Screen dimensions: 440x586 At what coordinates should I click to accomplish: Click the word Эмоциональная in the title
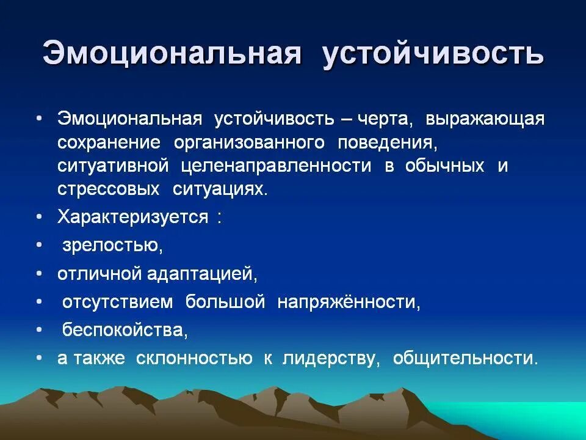pyautogui.click(x=172, y=54)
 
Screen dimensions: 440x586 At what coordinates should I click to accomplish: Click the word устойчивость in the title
pyautogui.click(x=432, y=54)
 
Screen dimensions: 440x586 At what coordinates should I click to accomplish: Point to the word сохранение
pyautogui.click(x=109, y=142)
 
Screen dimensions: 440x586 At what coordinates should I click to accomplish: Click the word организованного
pyautogui.click(x=249, y=142)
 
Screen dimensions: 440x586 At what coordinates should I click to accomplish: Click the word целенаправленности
pyautogui.click(x=276, y=166)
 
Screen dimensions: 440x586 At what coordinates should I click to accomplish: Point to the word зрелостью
pyautogui.click(x=112, y=246)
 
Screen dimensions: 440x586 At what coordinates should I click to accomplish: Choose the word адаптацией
pyautogui.click(x=202, y=274)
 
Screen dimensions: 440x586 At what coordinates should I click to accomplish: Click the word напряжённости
pyautogui.click(x=349, y=302)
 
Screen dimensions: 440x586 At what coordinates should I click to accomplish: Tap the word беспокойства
pyautogui.click(x=125, y=331)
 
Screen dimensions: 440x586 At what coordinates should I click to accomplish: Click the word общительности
pyautogui.click(x=466, y=359)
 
